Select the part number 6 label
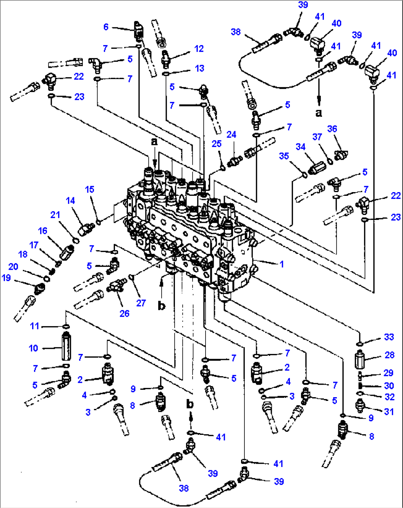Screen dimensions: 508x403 coord(106,27)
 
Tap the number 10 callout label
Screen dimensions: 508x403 coord(33,348)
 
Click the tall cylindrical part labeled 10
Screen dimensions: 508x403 coord(66,347)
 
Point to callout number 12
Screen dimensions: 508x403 coord(199,48)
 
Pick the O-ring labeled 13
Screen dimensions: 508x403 coord(166,74)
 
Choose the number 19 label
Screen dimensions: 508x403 coord(6,278)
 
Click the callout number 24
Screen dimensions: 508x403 coord(231,134)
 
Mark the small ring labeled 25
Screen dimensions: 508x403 coord(223,168)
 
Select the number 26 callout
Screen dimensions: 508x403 coord(125,313)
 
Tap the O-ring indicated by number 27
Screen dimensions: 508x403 coord(131,277)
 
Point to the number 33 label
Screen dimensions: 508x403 coord(389,337)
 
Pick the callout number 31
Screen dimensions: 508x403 coord(389,411)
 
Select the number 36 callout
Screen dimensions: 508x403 coord(332,129)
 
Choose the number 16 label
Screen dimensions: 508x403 coord(43,231)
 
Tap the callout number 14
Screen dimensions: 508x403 coord(70,201)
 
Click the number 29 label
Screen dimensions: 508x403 coord(388,373)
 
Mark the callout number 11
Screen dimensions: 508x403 coord(34,326)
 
